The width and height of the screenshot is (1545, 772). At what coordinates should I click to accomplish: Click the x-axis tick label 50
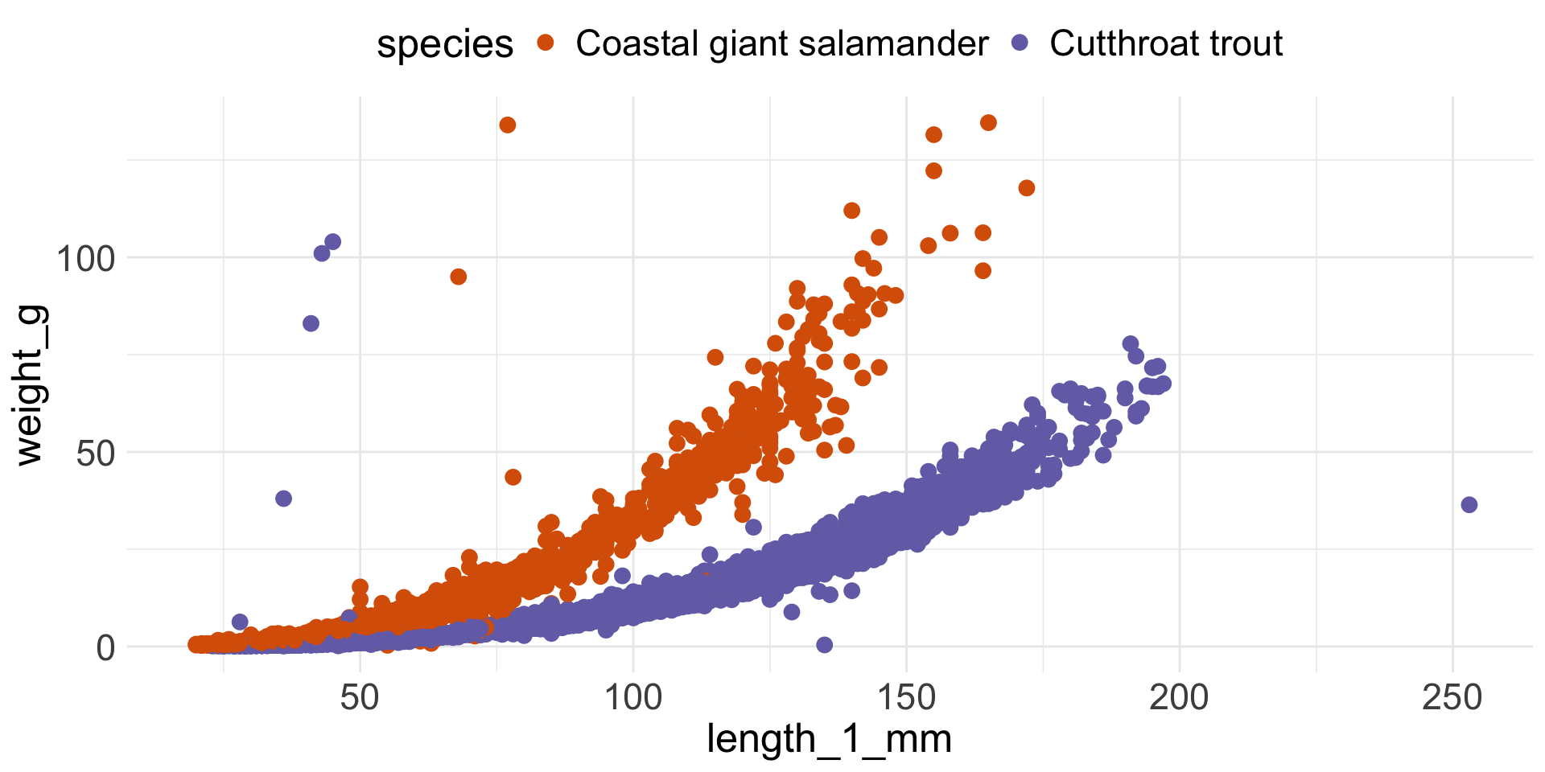359,697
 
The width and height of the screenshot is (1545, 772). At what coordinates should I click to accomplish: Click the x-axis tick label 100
632,697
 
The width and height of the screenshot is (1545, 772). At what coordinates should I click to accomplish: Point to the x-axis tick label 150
906,697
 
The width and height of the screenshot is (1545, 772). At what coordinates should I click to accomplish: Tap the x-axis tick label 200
1179,697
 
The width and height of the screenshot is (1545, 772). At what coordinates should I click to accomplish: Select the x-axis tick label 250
1452,697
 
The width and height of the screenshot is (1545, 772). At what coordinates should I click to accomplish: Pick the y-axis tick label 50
96,453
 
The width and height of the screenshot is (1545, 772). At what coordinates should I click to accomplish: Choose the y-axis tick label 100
85,259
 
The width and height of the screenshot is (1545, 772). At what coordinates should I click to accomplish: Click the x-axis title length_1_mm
829,739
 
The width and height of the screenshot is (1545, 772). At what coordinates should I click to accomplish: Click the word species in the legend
444,44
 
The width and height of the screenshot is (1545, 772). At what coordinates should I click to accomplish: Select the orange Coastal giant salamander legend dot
546,43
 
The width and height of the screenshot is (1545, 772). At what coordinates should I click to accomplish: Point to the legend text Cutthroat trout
1165,43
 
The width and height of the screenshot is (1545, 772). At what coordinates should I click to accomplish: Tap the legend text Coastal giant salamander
781,43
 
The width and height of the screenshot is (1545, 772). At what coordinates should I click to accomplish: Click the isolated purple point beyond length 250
1469,505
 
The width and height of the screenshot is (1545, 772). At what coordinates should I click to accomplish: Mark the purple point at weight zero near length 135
824,645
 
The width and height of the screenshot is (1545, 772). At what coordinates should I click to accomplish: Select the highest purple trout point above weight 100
332,242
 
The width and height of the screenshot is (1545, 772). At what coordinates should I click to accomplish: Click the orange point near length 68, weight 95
459,277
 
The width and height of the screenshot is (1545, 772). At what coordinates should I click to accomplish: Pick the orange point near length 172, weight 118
1026,188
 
